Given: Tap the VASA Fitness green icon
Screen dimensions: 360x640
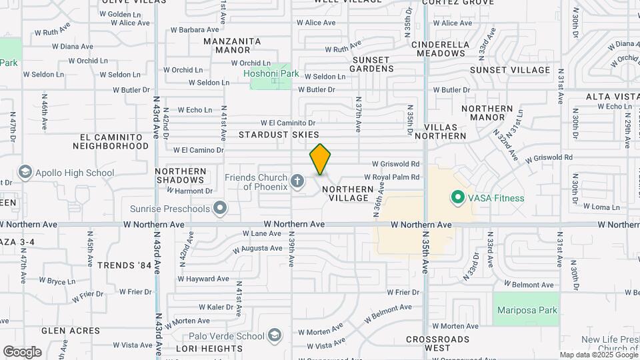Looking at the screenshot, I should pyautogui.click(x=457, y=197).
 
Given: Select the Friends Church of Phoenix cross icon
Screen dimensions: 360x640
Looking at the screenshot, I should pyautogui.click(x=298, y=180).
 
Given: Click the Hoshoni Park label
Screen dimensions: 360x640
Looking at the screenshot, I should pyautogui.click(x=271, y=74).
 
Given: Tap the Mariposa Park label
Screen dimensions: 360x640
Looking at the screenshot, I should pyautogui.click(x=526, y=310).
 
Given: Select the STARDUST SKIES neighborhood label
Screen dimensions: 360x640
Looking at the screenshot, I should pyautogui.click(x=279, y=135).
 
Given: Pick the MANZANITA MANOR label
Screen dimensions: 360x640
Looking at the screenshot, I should pyautogui.click(x=231, y=45).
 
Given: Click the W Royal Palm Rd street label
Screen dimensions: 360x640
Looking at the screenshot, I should pyautogui.click(x=391, y=177).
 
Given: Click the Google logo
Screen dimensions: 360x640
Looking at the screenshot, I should pyautogui.click(x=22, y=352).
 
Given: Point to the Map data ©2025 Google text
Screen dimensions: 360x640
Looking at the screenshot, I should pyautogui.click(x=598, y=355).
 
